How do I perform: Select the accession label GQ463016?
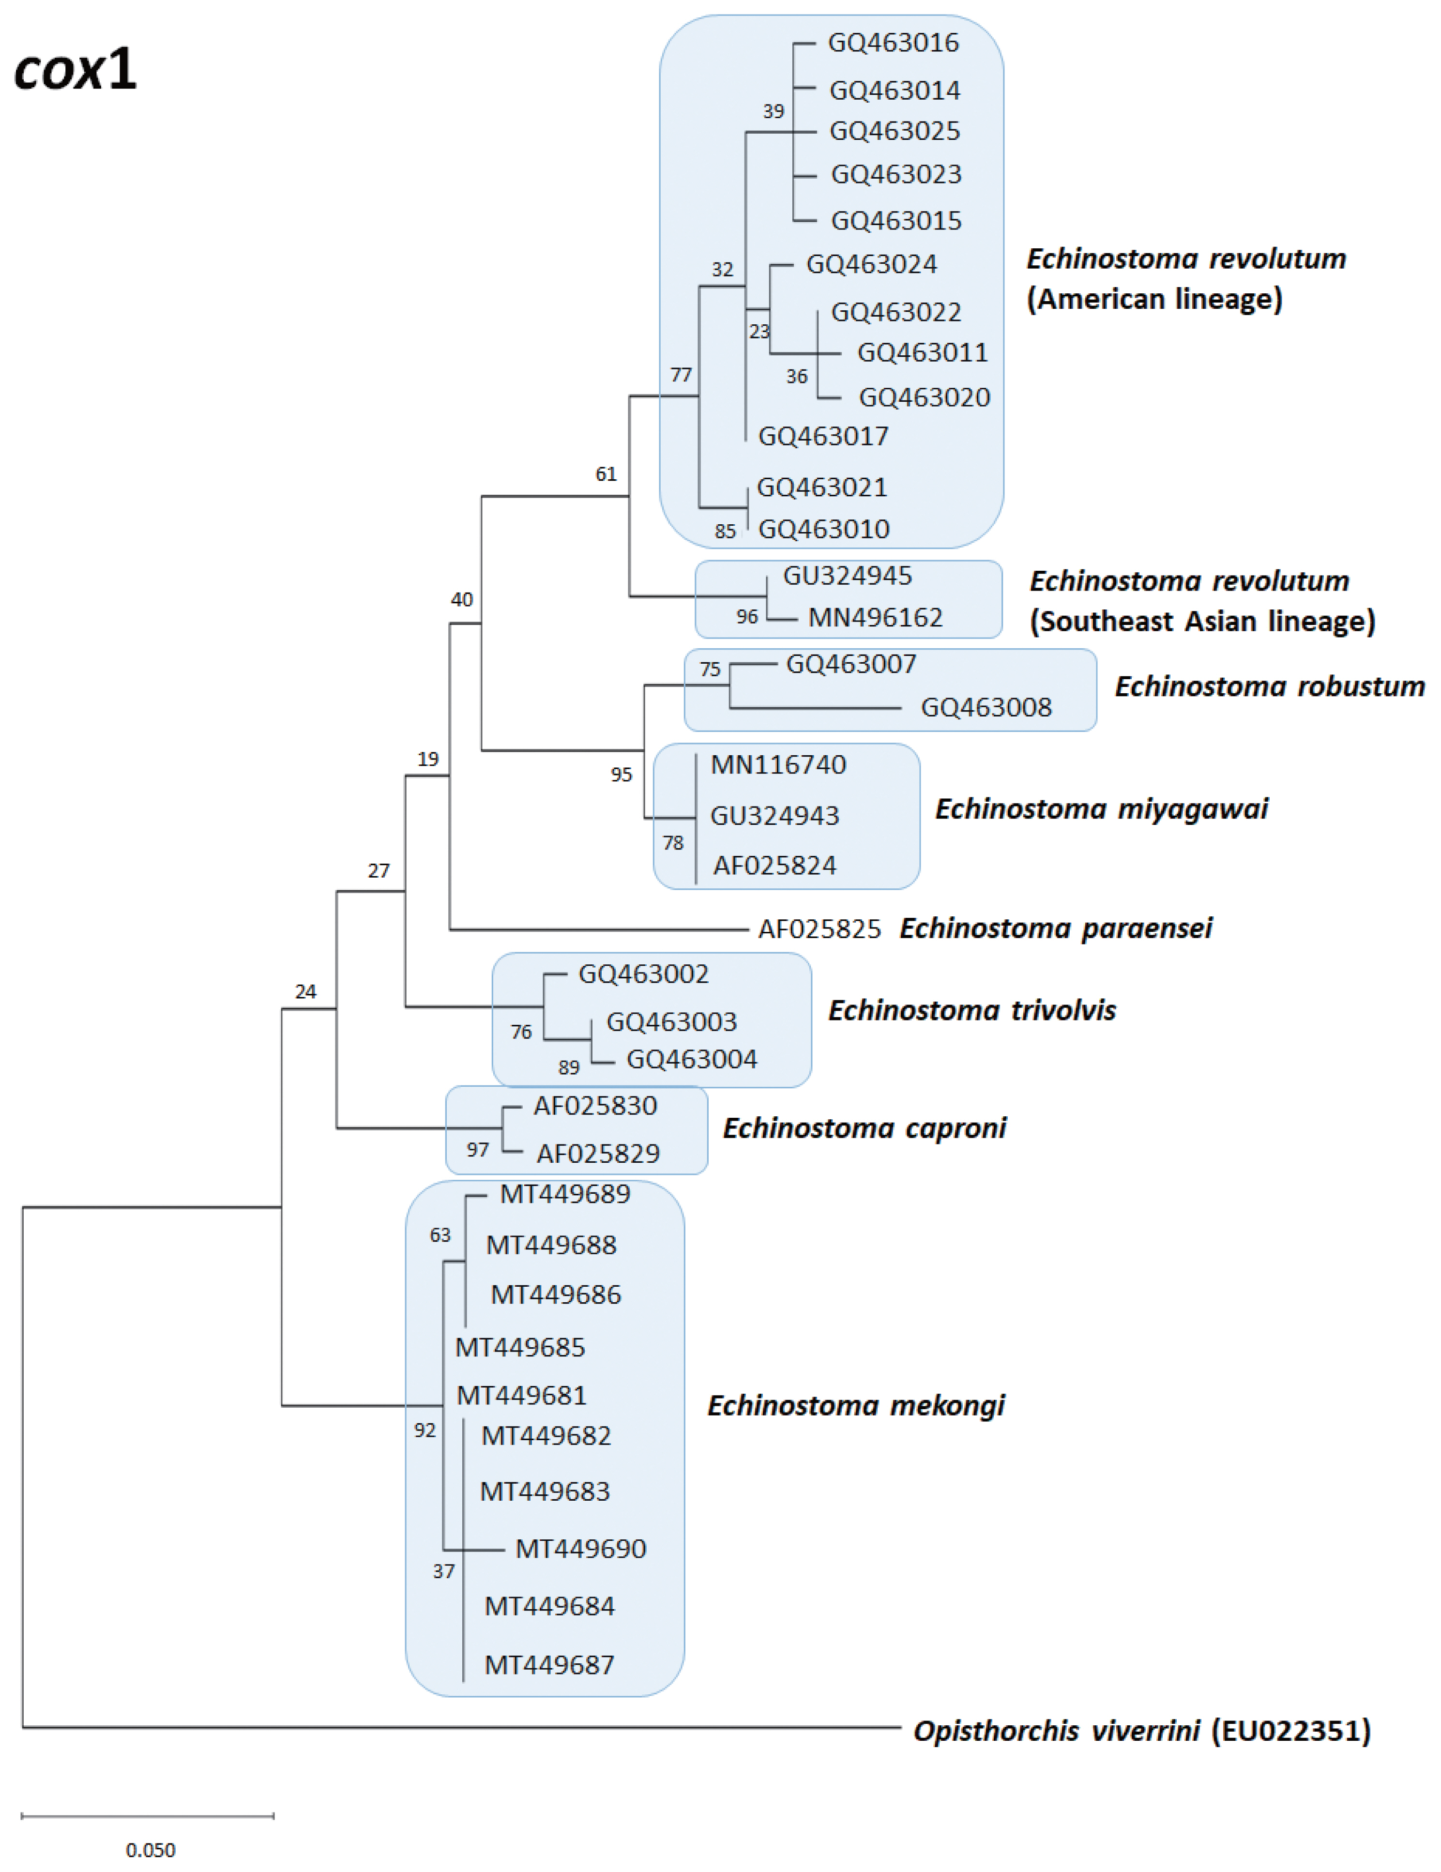click(893, 43)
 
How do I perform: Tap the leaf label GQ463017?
click(823, 436)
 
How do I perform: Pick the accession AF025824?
click(774, 866)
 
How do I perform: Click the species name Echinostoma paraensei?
click(1055, 928)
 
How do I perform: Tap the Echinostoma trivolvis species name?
click(971, 1011)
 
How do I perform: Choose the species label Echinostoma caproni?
click(864, 1128)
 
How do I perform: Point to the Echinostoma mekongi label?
click(855, 1406)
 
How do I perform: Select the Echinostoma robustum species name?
click(1269, 686)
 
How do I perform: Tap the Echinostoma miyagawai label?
click(1101, 809)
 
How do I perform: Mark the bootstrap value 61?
click(606, 474)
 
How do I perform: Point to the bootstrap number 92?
click(425, 1431)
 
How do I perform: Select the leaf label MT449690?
click(580, 1549)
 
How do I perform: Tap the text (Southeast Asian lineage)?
click(1202, 622)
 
